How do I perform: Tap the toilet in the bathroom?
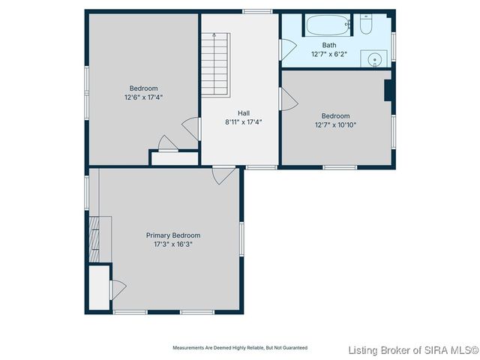click(x=366, y=25)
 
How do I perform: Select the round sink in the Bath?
click(x=373, y=58)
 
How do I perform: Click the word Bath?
click(x=329, y=45)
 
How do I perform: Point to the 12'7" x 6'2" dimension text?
click(x=329, y=54)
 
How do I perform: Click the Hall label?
click(x=243, y=113)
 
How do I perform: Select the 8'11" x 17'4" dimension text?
click(x=243, y=121)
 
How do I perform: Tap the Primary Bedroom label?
click(x=172, y=235)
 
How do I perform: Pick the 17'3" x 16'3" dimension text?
click(x=172, y=244)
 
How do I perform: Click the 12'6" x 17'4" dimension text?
click(x=143, y=97)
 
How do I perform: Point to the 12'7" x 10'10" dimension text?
click(x=335, y=124)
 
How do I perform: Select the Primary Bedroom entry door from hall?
click(x=223, y=175)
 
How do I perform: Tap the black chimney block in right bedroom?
click(x=388, y=90)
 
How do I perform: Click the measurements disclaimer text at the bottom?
click(x=240, y=348)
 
